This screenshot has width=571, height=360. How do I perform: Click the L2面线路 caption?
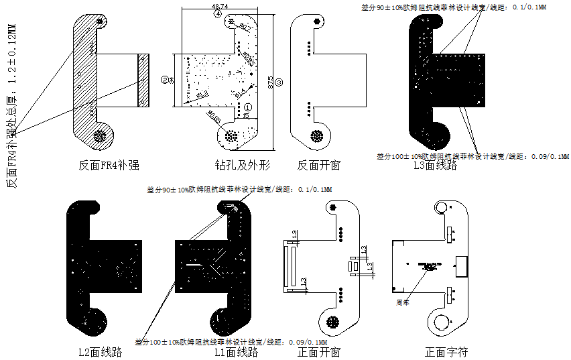pos(100,351)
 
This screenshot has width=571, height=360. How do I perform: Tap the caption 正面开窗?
pos(318,351)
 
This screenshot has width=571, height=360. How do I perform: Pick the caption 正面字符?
pos(446,351)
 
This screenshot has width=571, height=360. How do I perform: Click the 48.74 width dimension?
pos(219,6)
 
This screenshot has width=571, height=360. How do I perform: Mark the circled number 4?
pos(218,14)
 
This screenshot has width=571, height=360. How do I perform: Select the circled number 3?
pos(279,81)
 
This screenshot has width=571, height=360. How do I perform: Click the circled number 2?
pos(164,79)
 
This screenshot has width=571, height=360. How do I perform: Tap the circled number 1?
pos(247,106)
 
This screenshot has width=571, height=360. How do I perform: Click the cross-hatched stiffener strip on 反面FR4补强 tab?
pos(142,80)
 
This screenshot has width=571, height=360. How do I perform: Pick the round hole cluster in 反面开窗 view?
pos(317,135)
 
